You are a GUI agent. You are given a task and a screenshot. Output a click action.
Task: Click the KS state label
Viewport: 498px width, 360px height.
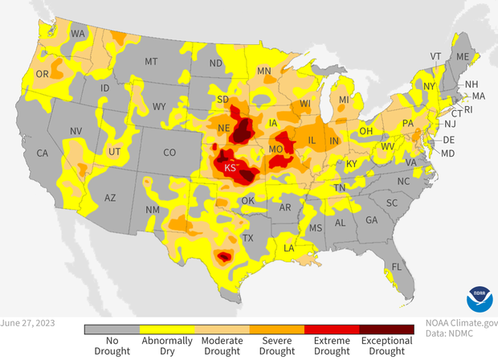231,168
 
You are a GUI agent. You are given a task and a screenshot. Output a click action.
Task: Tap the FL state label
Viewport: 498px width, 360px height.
396,267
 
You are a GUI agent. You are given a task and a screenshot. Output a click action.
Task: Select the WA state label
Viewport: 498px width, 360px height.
79,35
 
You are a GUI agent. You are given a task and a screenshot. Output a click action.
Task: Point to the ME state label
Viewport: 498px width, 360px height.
462,58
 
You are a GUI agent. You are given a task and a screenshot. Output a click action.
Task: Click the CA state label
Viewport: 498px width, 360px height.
43,153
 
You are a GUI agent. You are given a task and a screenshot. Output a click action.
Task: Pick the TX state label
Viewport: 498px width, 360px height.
248,238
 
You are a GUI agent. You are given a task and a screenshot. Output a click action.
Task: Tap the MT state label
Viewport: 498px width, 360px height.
150,61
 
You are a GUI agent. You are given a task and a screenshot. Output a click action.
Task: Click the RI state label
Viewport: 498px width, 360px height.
469,108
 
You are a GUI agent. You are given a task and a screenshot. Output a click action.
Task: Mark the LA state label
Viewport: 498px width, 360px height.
288,249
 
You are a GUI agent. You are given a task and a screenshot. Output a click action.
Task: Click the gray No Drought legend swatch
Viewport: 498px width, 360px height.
112,329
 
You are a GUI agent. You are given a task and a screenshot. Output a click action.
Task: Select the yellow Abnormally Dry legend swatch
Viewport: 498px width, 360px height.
167,329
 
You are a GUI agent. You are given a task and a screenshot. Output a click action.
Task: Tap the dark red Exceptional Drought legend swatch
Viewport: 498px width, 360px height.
386,329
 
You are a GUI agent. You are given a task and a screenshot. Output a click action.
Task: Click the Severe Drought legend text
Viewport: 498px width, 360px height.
276,346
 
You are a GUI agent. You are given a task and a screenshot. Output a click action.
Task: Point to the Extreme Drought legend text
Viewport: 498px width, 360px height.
332,346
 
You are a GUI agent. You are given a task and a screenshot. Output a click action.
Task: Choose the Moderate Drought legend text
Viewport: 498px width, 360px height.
222,346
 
